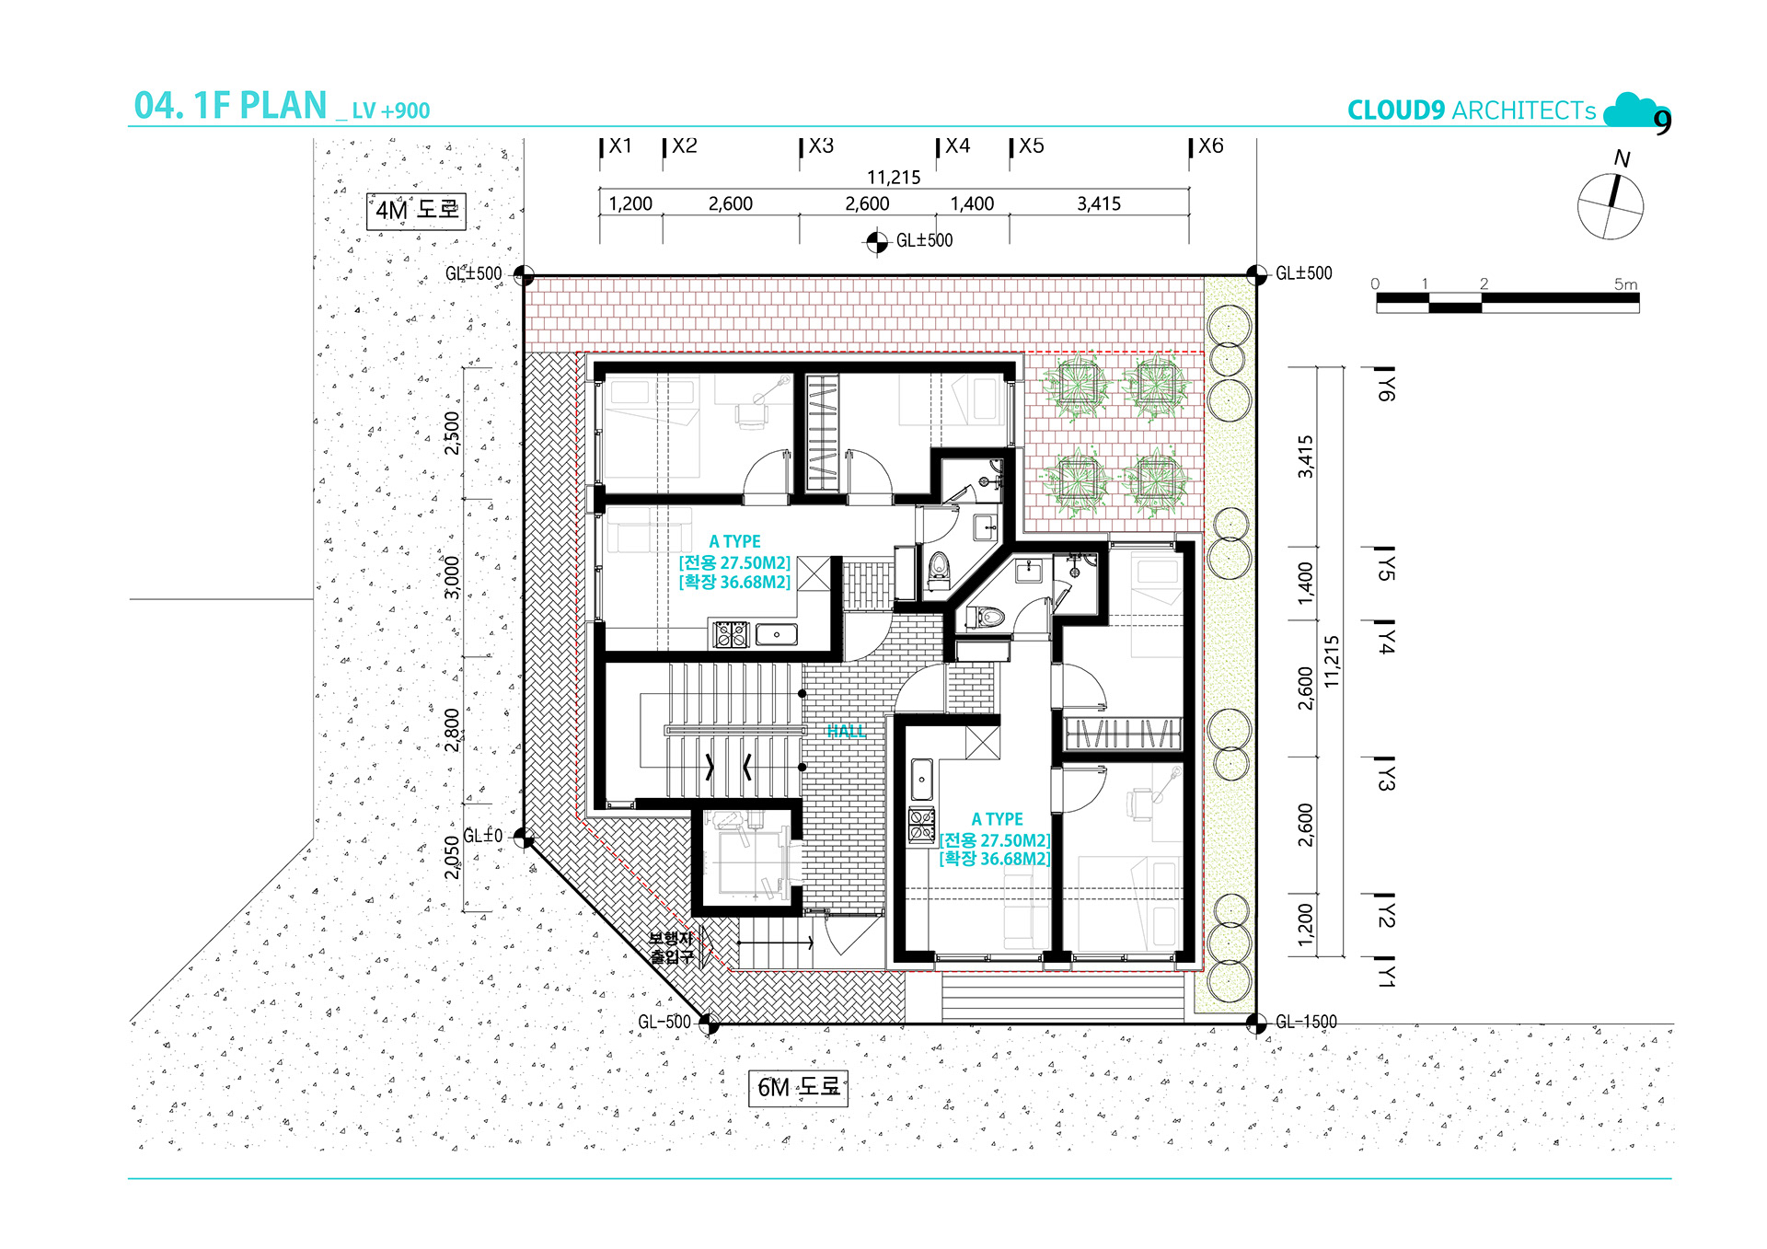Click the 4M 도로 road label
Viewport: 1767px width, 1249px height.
point(416,210)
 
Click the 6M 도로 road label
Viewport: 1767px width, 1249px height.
point(798,1087)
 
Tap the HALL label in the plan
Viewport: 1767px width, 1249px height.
point(846,731)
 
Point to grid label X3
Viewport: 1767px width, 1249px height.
point(821,145)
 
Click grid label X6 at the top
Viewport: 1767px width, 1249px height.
point(1211,145)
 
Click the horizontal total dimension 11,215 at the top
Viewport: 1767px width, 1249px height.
point(894,178)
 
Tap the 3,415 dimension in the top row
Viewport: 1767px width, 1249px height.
point(1099,203)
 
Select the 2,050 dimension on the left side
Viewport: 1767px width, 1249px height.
point(452,857)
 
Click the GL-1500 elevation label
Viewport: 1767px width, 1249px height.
point(1306,1022)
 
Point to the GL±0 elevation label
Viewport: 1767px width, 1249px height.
point(482,836)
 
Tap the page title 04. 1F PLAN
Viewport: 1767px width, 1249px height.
point(230,106)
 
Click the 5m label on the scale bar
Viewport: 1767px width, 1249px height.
point(1625,284)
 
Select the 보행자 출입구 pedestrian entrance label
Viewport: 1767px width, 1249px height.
point(671,948)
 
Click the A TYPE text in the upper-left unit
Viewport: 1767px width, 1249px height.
point(734,542)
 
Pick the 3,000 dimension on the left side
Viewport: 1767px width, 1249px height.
point(452,577)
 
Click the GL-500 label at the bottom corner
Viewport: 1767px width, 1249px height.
point(664,1022)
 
